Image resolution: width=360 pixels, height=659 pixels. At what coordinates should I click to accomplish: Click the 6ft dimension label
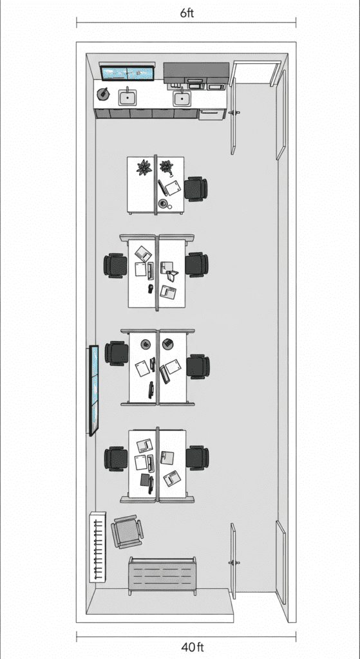coord(187,13)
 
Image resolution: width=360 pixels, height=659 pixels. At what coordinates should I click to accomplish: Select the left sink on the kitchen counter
coord(127,98)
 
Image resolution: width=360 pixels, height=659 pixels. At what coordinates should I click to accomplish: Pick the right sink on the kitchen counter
coord(182,98)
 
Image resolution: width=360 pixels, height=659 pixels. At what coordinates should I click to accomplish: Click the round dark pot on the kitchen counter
coord(102,94)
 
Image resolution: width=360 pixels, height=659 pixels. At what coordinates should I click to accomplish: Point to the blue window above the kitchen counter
coord(128,73)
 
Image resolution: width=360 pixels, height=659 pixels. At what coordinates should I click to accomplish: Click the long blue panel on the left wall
coord(94,391)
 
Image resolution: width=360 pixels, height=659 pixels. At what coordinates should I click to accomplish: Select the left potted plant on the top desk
coord(144,167)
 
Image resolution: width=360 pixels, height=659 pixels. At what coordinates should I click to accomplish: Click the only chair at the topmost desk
coord(196,189)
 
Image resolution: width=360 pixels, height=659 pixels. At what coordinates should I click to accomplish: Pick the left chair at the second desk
coord(115,265)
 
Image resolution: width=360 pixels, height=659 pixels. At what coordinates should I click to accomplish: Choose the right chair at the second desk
coord(197,265)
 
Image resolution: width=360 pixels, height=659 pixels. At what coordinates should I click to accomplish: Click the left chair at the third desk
coord(116,353)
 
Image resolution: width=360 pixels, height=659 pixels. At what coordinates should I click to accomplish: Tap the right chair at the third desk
coord(198,366)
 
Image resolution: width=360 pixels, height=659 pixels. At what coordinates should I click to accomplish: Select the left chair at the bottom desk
coord(116,458)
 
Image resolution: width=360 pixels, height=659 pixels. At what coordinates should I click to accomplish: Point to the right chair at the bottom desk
coord(197,458)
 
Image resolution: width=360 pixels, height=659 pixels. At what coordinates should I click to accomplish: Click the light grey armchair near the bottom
coord(127,532)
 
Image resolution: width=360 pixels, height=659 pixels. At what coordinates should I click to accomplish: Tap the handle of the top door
coord(234,113)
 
